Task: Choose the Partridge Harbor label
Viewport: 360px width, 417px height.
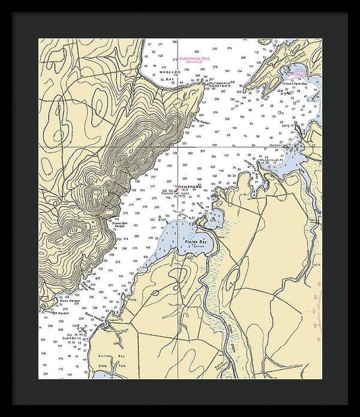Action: (x=54, y=313)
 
